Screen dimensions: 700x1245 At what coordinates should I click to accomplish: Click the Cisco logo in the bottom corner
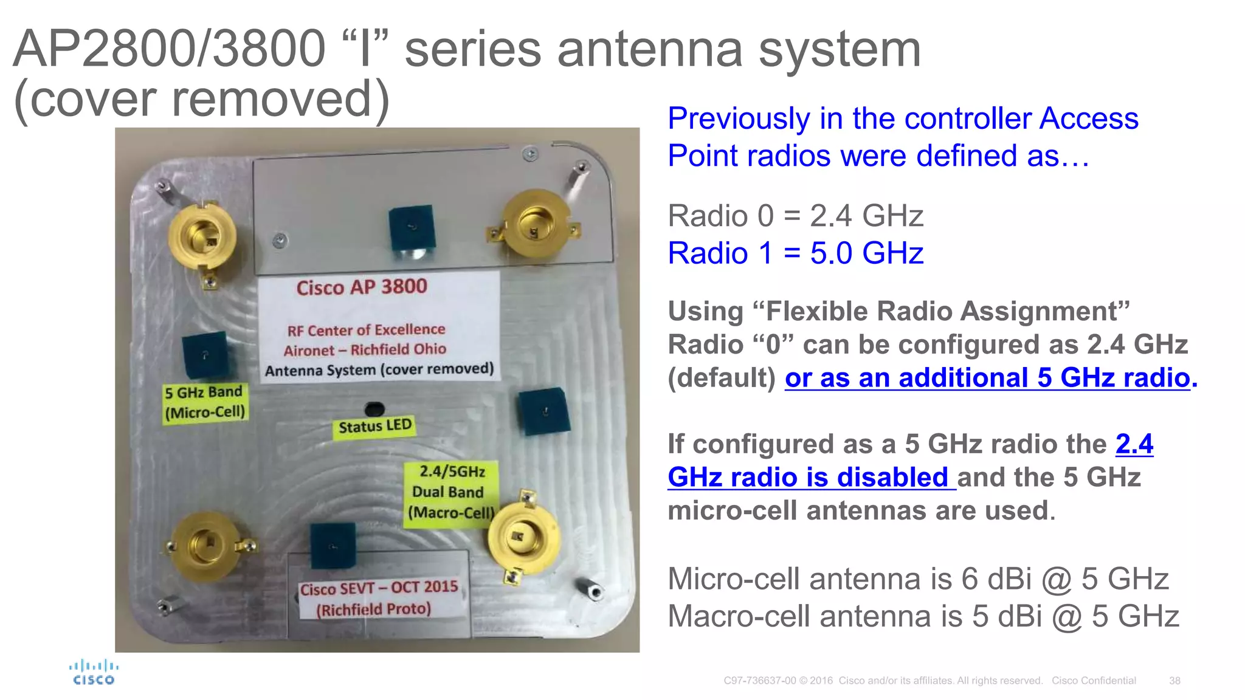[93, 673]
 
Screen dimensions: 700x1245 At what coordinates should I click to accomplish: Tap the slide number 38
[1174, 681]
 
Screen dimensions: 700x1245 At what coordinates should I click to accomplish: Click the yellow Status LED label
[374, 426]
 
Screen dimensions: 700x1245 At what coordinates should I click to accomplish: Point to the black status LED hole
[374, 408]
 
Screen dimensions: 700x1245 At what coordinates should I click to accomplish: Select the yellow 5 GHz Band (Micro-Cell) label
[204, 402]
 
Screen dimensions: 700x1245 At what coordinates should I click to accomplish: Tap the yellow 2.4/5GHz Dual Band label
[451, 492]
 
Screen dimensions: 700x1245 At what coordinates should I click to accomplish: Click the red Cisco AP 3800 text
[362, 287]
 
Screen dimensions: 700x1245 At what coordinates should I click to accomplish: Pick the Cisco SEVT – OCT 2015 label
[378, 598]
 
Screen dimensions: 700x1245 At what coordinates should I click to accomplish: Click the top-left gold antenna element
[202, 236]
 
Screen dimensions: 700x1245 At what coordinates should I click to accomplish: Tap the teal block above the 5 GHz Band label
[205, 355]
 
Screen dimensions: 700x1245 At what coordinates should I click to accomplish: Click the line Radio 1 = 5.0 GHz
[795, 253]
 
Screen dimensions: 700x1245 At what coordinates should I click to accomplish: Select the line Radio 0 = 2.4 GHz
[795, 216]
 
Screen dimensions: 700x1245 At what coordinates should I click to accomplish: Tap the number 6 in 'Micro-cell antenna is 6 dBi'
[970, 579]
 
